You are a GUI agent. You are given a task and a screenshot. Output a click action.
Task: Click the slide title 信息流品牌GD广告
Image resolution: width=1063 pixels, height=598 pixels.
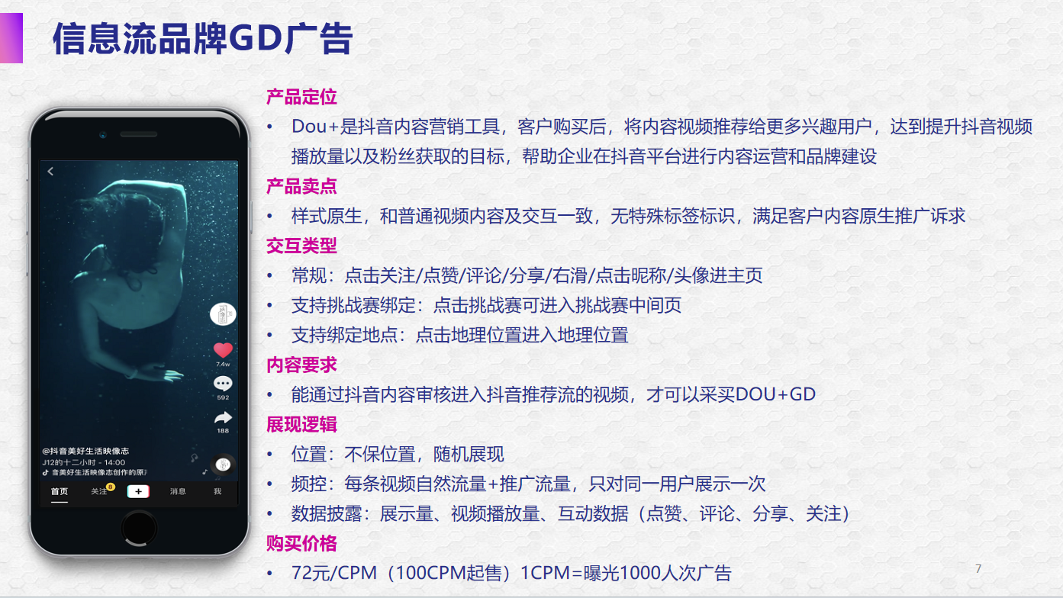coord(203,38)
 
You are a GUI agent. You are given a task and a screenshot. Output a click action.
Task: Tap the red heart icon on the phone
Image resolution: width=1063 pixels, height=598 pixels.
coord(223,350)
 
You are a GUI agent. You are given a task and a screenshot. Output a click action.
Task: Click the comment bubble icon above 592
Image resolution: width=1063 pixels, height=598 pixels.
coord(223,383)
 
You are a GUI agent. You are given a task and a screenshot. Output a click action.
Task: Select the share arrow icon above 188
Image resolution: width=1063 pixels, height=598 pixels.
coord(223,417)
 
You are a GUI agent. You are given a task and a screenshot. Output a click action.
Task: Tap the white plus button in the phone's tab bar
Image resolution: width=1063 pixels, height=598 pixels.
coord(138,491)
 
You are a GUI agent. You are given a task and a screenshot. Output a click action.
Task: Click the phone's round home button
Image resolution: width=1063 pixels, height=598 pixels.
coord(139,529)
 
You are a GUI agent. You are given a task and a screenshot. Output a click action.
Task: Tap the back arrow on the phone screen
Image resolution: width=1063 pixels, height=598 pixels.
coord(50,171)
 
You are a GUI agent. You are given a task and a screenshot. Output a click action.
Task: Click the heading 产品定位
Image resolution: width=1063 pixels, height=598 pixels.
coord(301,97)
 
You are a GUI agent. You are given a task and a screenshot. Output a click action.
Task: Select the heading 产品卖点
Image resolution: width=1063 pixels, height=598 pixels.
coord(301,186)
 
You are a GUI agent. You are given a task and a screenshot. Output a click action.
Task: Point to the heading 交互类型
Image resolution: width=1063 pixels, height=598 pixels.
coord(301,246)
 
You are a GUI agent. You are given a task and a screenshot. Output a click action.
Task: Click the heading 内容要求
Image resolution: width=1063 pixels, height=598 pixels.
coord(301,365)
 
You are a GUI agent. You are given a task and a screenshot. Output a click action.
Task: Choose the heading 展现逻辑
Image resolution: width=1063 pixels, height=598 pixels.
coord(301,424)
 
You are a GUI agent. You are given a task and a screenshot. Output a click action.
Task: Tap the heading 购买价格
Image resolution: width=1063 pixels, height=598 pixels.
coord(301,544)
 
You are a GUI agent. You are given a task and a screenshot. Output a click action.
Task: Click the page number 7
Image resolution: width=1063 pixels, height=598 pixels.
coord(978,568)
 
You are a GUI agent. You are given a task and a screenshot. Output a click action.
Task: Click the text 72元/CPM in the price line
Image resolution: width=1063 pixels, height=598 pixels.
coord(333,573)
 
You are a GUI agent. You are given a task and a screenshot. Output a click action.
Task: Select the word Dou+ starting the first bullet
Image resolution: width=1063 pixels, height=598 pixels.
coord(314,127)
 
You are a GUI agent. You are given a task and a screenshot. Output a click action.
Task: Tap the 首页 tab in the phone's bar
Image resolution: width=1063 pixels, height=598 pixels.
coord(60,491)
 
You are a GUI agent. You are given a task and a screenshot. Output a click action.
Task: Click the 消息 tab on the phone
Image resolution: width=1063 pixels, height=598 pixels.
coord(178,491)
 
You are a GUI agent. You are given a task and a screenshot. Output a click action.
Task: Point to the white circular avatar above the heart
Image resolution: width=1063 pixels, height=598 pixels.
coord(223,314)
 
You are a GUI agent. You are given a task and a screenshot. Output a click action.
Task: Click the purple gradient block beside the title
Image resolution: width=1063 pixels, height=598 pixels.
coord(11,38)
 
